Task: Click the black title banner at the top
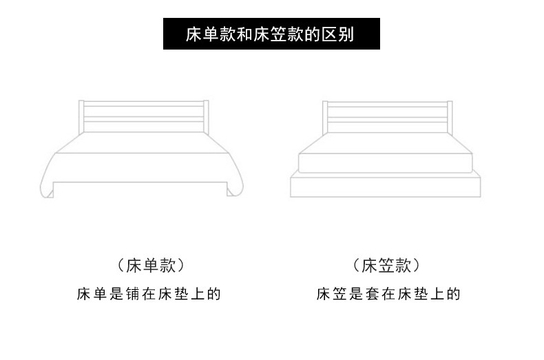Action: [271, 33]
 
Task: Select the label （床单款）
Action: [149, 265]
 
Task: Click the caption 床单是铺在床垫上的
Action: [149, 295]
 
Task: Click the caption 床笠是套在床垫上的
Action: [388, 295]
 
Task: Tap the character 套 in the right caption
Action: [370, 295]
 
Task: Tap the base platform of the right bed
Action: [386, 187]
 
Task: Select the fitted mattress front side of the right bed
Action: [386, 163]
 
